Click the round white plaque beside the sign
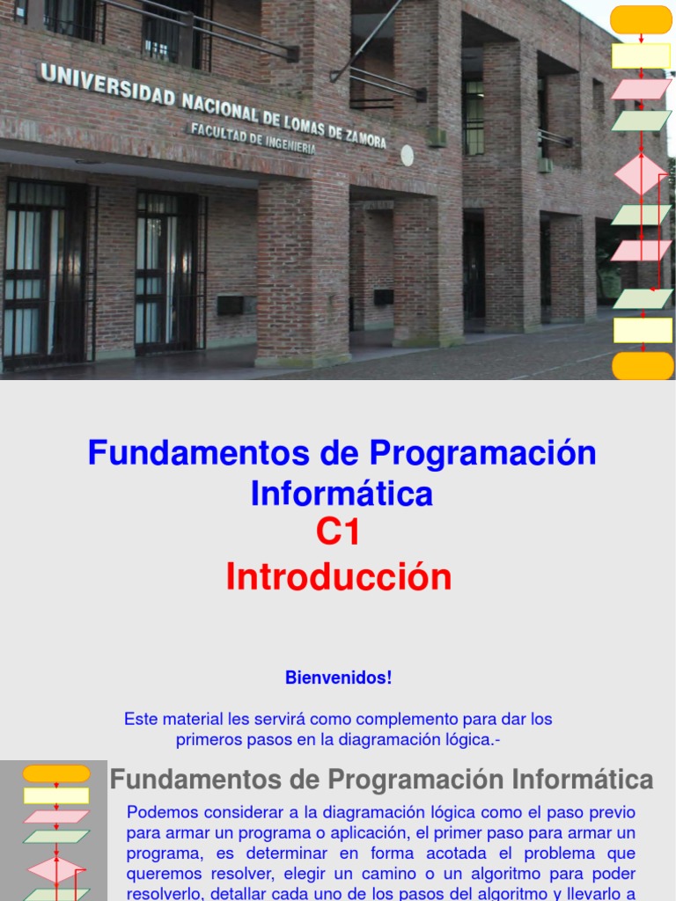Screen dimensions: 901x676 (x=407, y=156)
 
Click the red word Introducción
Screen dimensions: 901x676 (x=339, y=577)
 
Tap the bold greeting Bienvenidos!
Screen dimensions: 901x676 (x=339, y=678)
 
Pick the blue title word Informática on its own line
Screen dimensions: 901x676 (x=342, y=494)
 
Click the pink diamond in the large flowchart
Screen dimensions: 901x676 (x=640, y=174)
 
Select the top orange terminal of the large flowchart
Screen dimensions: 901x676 (x=642, y=19)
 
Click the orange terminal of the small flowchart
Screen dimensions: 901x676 (x=56, y=773)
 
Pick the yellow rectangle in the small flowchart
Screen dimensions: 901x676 (x=56, y=795)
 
